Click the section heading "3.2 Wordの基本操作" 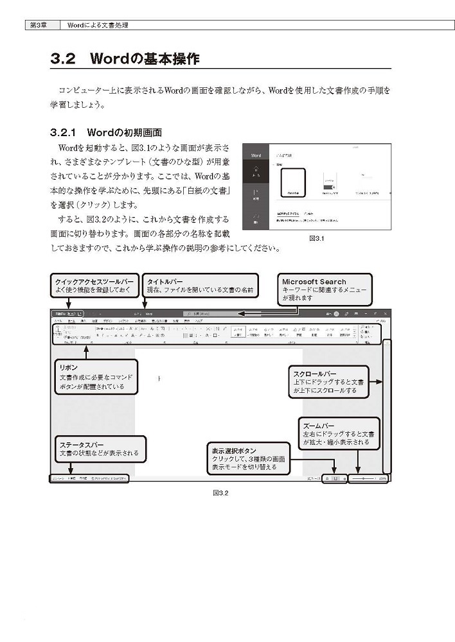[x=125, y=59]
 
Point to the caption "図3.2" [x=221, y=493]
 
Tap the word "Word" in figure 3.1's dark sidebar [x=256, y=155]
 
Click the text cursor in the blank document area [x=159, y=379]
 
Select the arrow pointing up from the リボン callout [x=85, y=350]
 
